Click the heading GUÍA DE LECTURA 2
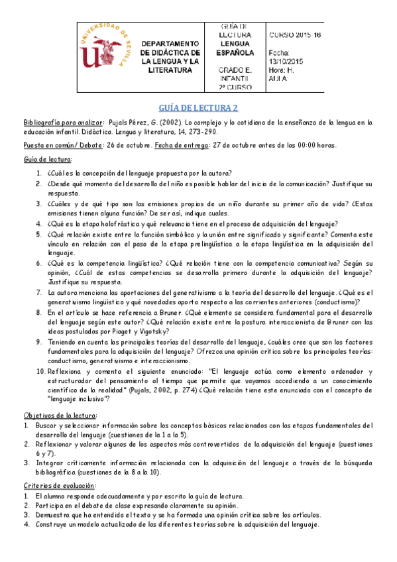tap(198, 108)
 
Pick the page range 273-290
tap(203, 132)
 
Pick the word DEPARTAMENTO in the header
tap(171, 43)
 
